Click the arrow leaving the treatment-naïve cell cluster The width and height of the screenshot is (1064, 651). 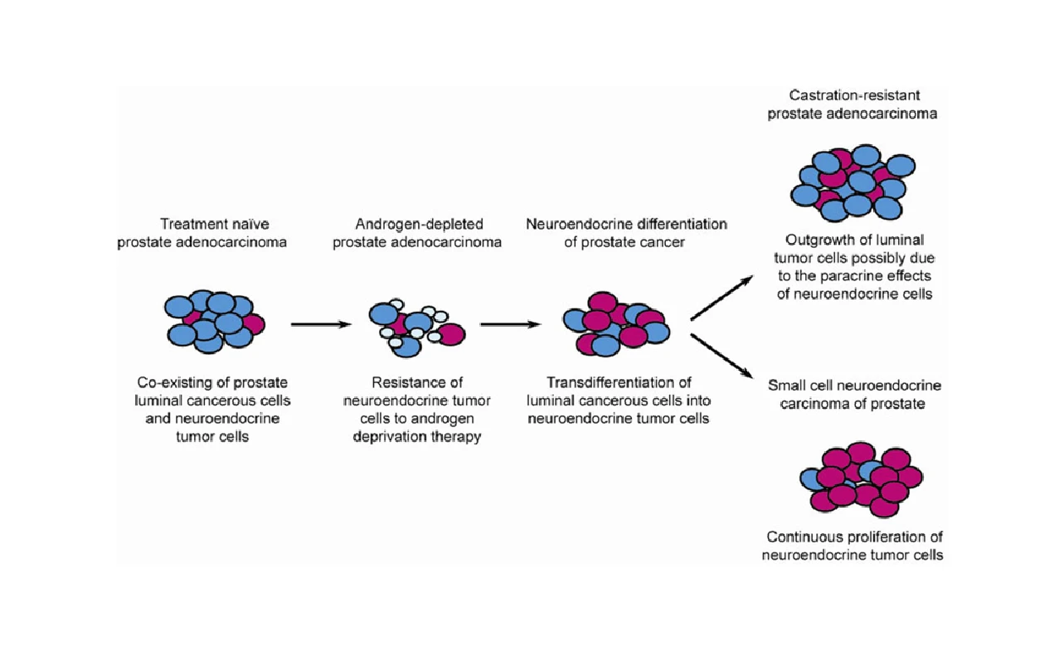point(321,325)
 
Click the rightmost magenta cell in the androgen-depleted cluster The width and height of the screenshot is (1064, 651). point(452,333)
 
